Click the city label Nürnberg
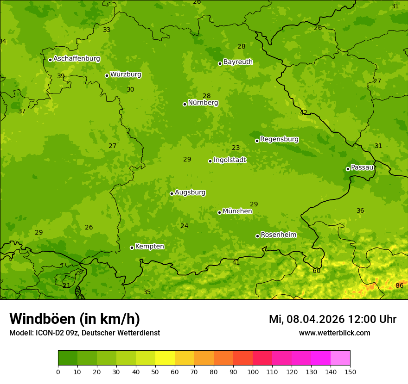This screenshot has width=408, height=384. pyautogui.click(x=203, y=103)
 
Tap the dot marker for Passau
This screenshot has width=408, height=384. pyautogui.click(x=348, y=169)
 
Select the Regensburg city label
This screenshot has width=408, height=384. pyautogui.click(x=279, y=139)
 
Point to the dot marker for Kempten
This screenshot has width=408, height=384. pyautogui.click(x=132, y=248)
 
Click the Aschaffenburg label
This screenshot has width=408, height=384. pyautogui.click(x=76, y=59)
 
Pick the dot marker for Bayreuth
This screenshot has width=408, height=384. pyautogui.click(x=220, y=63)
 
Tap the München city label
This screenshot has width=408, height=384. pyautogui.click(x=237, y=211)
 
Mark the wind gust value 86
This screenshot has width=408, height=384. pyautogui.click(x=399, y=285)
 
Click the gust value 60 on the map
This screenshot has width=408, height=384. pyautogui.click(x=316, y=271)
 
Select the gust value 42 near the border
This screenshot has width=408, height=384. pyautogui.click(x=304, y=112)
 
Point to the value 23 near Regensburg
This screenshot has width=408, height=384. pyautogui.click(x=236, y=148)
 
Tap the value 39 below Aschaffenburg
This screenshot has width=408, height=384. pyautogui.click(x=61, y=76)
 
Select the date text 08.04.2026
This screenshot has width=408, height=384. pyautogui.click(x=315, y=319)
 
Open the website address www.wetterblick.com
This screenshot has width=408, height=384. pyautogui.click(x=334, y=333)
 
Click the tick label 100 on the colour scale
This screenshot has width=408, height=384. pyautogui.click(x=253, y=372)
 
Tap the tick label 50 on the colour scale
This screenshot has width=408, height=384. pyautogui.click(x=155, y=372)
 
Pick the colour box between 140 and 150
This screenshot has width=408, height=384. pyautogui.click(x=340, y=358)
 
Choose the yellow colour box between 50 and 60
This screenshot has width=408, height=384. pyautogui.click(x=165, y=358)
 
